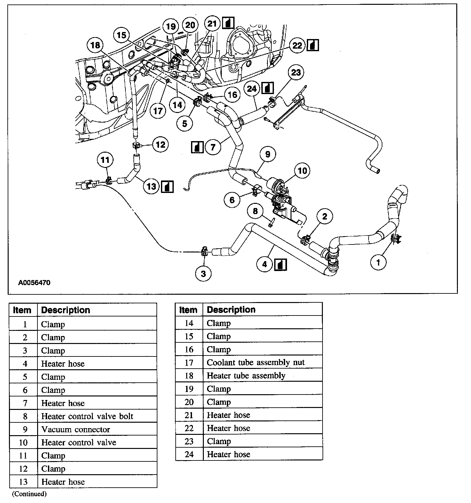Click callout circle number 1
(x=379, y=262)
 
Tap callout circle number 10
(x=302, y=171)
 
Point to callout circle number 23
(x=296, y=73)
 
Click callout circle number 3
(x=204, y=273)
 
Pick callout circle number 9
(x=268, y=155)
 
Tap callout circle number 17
(x=158, y=111)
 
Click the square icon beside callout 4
(x=281, y=265)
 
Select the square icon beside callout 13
(x=167, y=186)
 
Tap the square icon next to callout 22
(x=313, y=45)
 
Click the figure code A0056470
(x=34, y=283)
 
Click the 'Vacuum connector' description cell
(x=97, y=429)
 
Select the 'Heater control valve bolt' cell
(x=97, y=416)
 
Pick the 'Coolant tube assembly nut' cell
(x=263, y=362)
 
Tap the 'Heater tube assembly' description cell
(x=263, y=375)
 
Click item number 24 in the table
(x=189, y=454)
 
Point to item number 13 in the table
(x=23, y=482)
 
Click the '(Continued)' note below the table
(x=29, y=494)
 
